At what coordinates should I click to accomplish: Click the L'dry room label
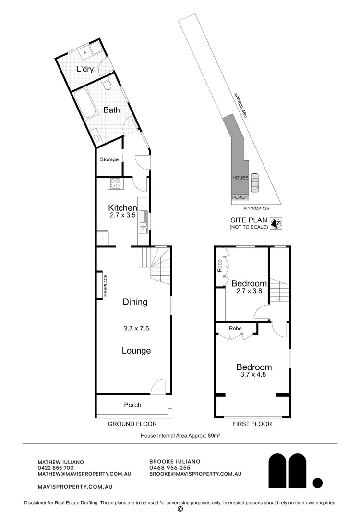click(x=85, y=69)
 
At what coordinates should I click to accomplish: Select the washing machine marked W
click(x=85, y=51)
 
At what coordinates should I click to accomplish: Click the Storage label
click(x=109, y=159)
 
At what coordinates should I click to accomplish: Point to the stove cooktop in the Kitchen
click(x=116, y=183)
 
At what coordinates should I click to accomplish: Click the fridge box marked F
click(x=102, y=238)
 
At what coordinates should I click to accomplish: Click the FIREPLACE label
click(x=105, y=286)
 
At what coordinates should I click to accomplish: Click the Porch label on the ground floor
click(x=132, y=405)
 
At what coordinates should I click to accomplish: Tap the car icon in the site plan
click(x=254, y=183)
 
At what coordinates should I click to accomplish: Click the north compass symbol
click(x=276, y=223)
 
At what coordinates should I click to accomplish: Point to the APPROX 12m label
click(x=257, y=208)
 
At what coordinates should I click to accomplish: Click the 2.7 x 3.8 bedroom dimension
click(x=249, y=291)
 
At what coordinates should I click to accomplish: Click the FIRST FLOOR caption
click(x=252, y=424)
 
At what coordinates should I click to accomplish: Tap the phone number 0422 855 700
click(x=55, y=468)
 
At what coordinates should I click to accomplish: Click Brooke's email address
click(x=195, y=474)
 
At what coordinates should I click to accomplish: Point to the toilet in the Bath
click(x=108, y=85)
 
